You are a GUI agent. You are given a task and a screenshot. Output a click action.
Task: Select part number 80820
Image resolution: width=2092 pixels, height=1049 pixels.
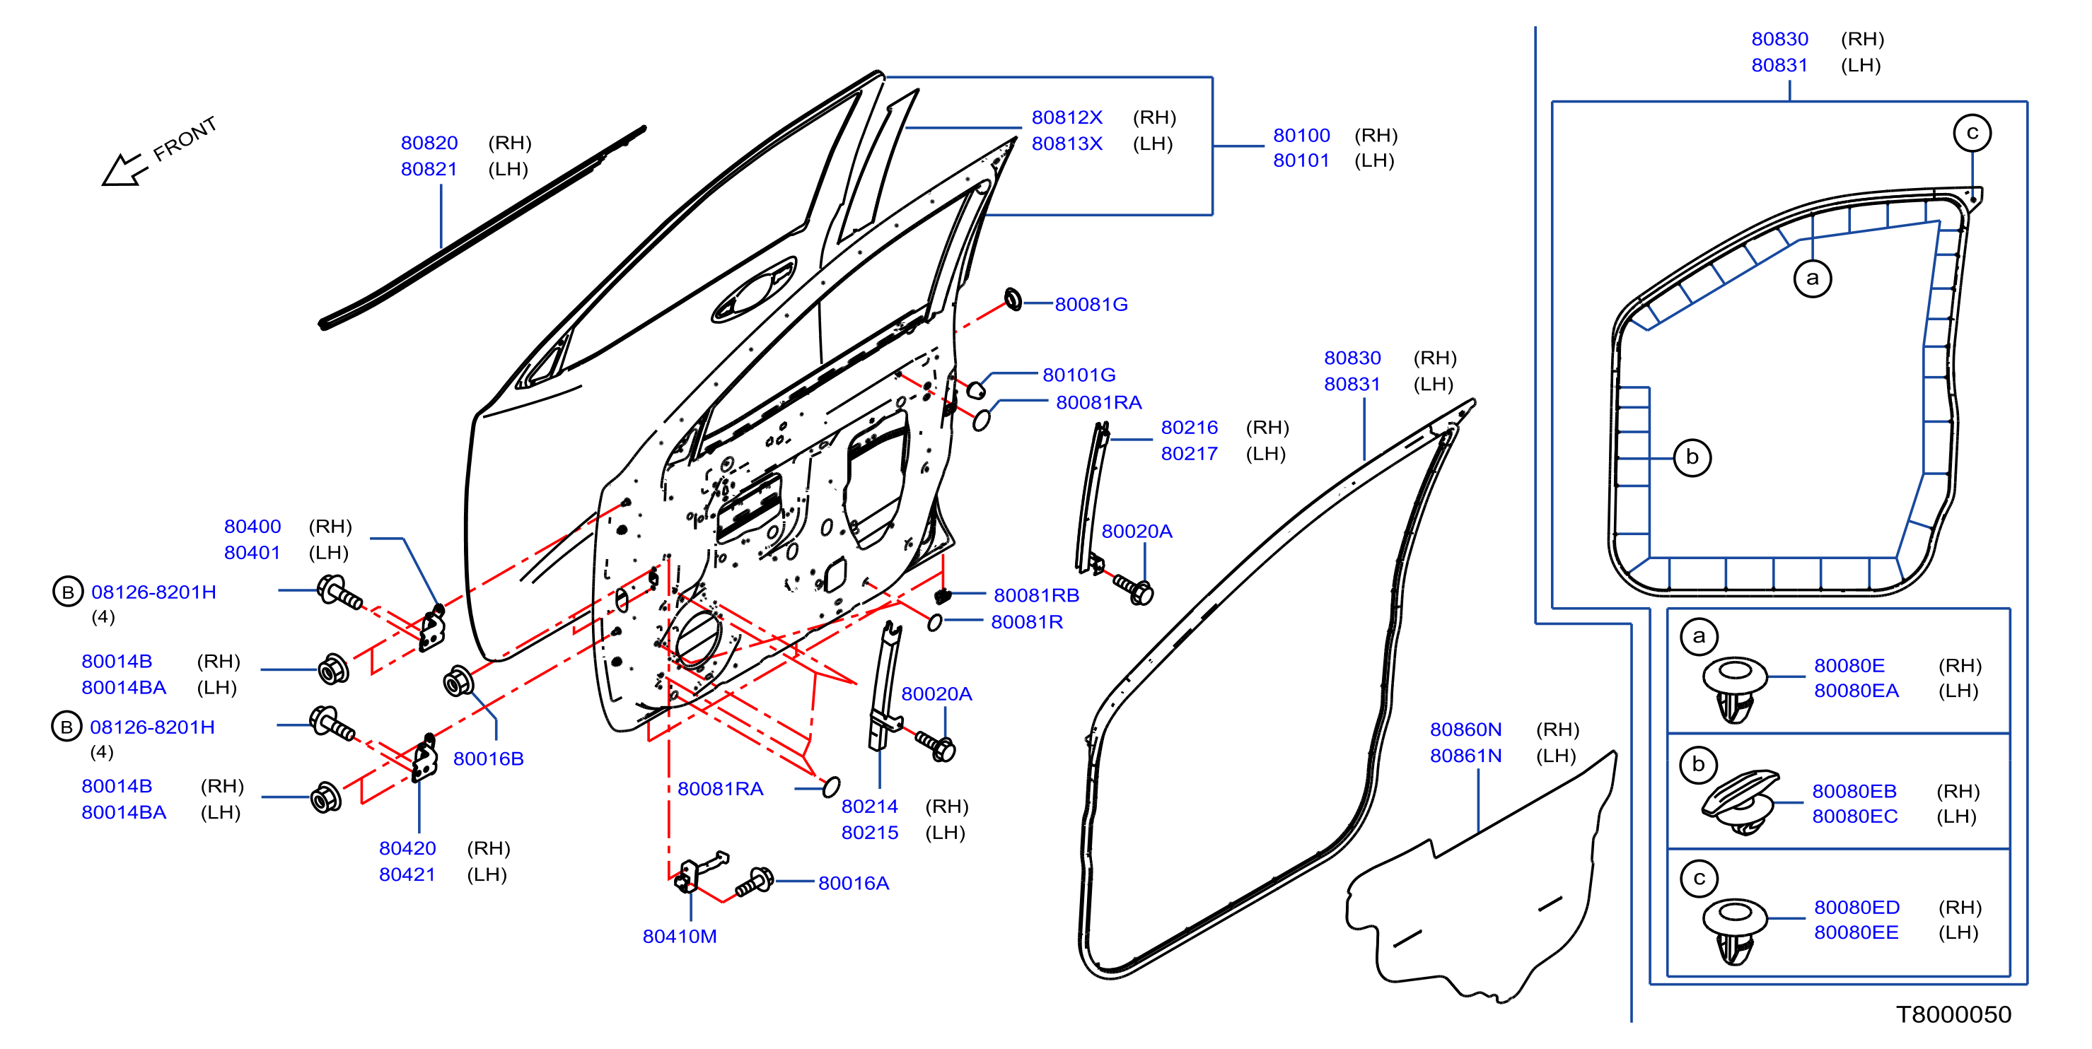click(x=429, y=143)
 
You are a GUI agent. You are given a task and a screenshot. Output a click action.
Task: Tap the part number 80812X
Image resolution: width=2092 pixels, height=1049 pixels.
click(x=1067, y=118)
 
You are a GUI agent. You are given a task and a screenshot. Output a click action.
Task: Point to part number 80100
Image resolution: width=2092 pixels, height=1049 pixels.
click(x=1301, y=136)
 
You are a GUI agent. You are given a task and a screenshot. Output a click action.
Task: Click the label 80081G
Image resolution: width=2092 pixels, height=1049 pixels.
click(x=1091, y=305)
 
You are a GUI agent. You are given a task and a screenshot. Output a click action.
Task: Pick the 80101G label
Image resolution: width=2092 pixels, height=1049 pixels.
click(x=1079, y=375)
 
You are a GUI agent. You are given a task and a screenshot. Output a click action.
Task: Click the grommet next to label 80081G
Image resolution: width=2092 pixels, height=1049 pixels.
click(x=1013, y=299)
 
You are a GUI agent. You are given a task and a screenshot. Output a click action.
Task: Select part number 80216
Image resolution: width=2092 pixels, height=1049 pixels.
click(x=1189, y=428)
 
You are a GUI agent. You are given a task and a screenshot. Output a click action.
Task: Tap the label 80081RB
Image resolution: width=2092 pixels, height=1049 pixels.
click(x=1036, y=595)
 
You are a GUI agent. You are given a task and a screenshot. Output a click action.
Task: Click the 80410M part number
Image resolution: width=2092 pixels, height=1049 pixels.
click(x=680, y=936)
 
